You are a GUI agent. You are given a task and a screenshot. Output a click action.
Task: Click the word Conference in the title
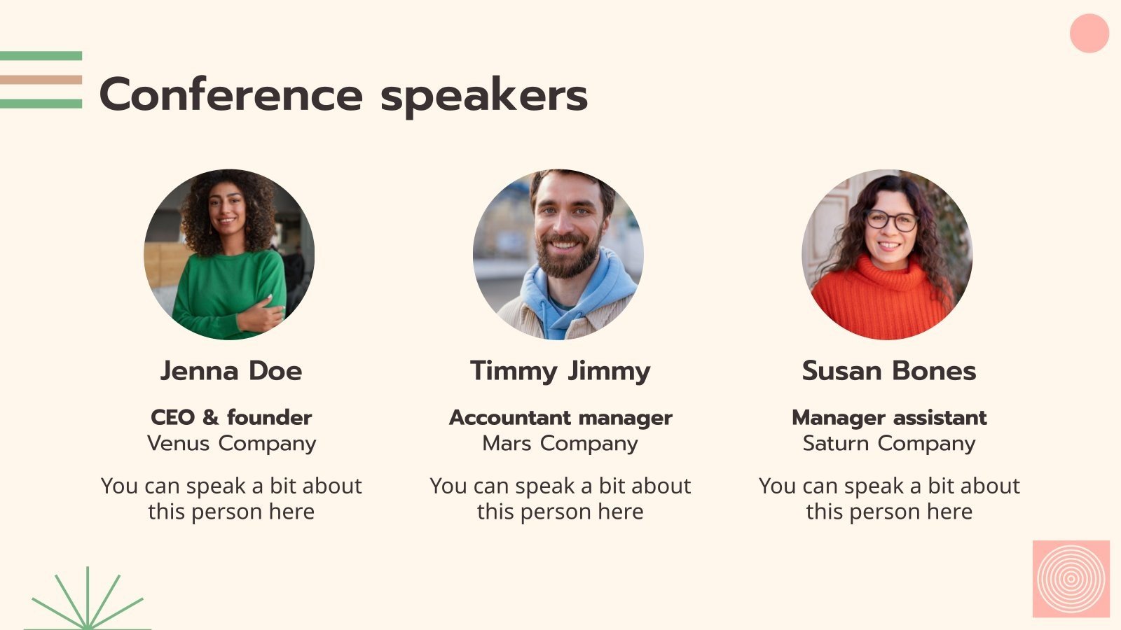[x=231, y=95]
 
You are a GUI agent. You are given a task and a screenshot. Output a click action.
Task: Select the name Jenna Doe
[x=231, y=370]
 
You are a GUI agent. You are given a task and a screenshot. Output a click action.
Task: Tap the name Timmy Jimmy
[x=560, y=370]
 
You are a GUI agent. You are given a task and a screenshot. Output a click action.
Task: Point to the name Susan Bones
[x=889, y=370]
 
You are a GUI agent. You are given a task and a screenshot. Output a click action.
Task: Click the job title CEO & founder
[x=231, y=417]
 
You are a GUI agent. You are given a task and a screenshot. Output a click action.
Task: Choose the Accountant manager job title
[x=560, y=417]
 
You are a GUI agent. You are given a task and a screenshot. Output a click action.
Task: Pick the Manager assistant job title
[x=889, y=417]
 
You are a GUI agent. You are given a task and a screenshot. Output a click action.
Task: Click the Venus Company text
[x=231, y=443]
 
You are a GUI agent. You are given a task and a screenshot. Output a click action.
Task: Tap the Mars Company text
[x=560, y=443]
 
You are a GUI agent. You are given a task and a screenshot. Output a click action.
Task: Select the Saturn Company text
[x=889, y=443]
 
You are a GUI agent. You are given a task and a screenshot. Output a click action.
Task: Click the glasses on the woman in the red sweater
[x=890, y=220]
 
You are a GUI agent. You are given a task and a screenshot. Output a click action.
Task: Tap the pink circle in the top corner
[x=1089, y=33]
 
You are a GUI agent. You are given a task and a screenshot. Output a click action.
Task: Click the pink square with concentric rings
[x=1071, y=579]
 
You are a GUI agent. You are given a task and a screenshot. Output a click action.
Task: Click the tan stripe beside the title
[x=41, y=80]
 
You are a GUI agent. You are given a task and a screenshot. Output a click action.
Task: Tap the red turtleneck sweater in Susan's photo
[x=879, y=301]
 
